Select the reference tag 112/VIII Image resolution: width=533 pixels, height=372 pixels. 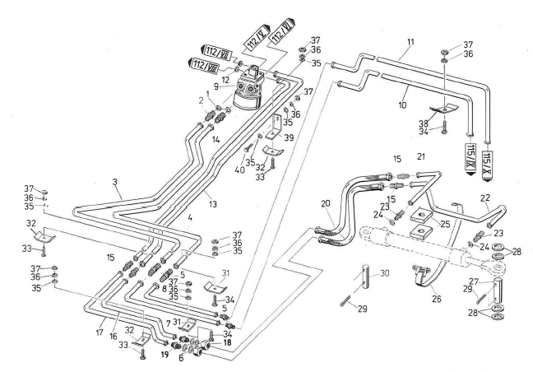203,63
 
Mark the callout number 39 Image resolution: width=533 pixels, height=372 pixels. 289,137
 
